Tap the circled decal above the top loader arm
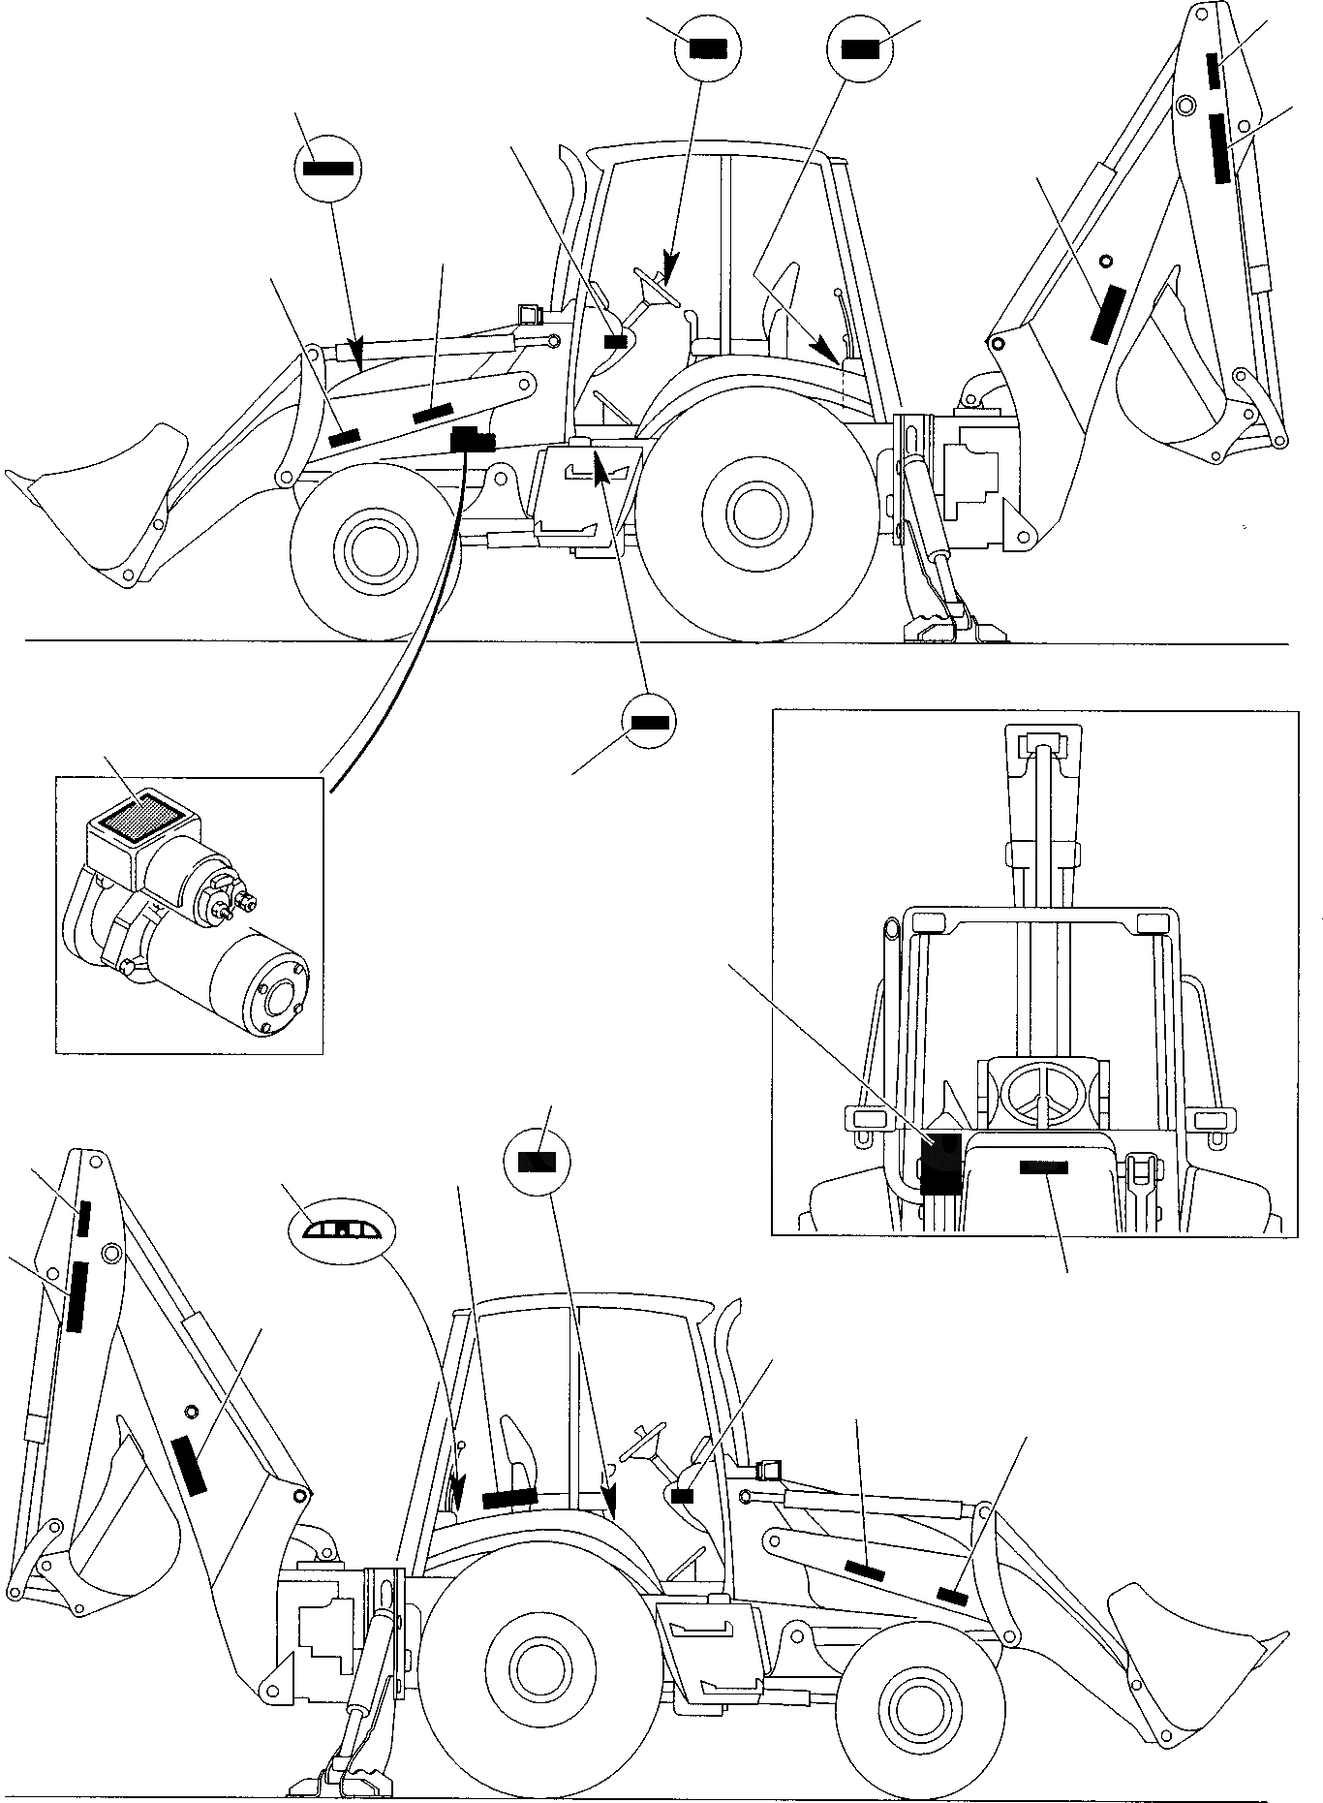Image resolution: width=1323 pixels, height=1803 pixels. tap(327, 168)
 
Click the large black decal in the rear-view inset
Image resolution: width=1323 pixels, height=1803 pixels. tap(938, 1165)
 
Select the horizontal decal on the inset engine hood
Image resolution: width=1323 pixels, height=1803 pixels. tap(1044, 1167)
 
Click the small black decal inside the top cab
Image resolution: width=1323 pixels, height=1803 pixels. tap(615, 340)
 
